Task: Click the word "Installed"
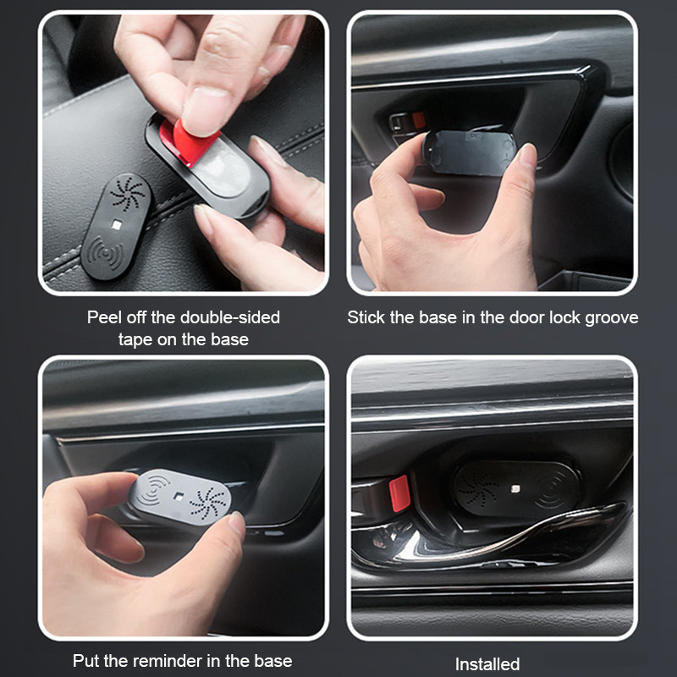tap(487, 663)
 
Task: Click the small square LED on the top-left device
tap(116, 224)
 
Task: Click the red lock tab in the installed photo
tap(399, 493)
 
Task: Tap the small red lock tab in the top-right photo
tap(418, 120)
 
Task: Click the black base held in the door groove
tap(470, 152)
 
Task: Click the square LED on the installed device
tap(515, 489)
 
